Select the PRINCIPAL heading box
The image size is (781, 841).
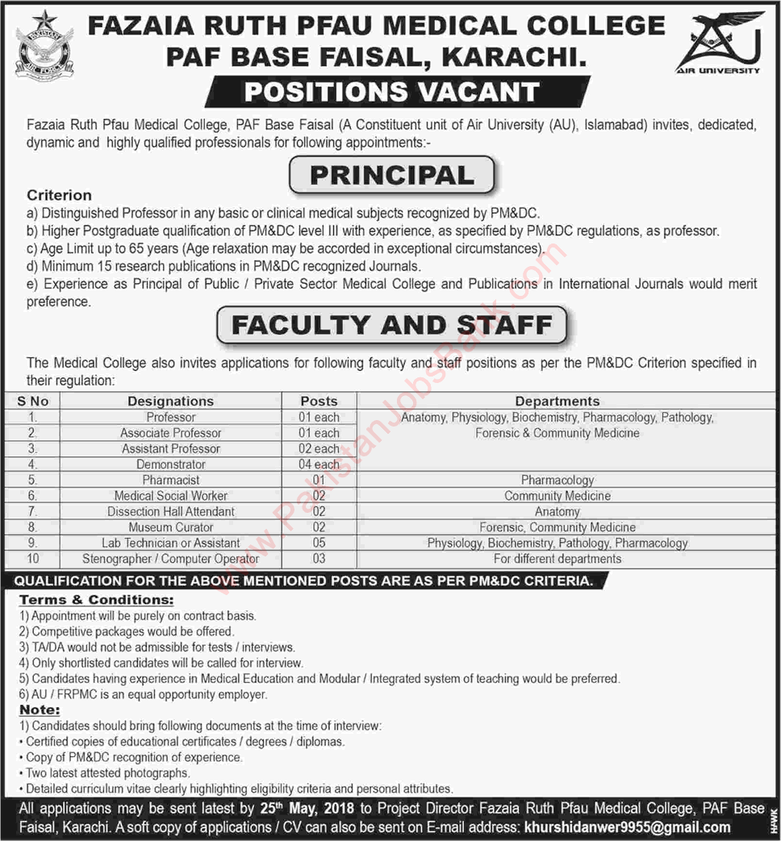pyautogui.click(x=392, y=175)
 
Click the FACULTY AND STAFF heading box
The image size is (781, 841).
pyautogui.click(x=392, y=326)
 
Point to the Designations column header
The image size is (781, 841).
pyautogui.click(x=170, y=401)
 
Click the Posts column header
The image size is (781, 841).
pyautogui.click(x=319, y=401)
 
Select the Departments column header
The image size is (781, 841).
pyautogui.click(x=557, y=401)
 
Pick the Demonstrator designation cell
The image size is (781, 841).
pyautogui.click(x=170, y=464)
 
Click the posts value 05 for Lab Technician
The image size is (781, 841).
pyautogui.click(x=319, y=543)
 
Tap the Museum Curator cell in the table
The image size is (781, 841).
pyautogui.click(x=170, y=527)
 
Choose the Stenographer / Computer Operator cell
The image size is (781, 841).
pyautogui.click(x=170, y=559)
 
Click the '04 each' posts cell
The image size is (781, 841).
pyautogui.click(x=319, y=464)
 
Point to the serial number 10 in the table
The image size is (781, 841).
pyautogui.click(x=31, y=559)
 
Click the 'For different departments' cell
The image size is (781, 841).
pyautogui.click(x=557, y=559)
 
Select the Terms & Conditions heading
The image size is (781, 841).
pyautogui.click(x=96, y=600)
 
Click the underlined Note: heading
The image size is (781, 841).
pyautogui.click(x=40, y=710)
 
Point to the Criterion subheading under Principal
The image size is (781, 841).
pyautogui.click(x=59, y=195)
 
